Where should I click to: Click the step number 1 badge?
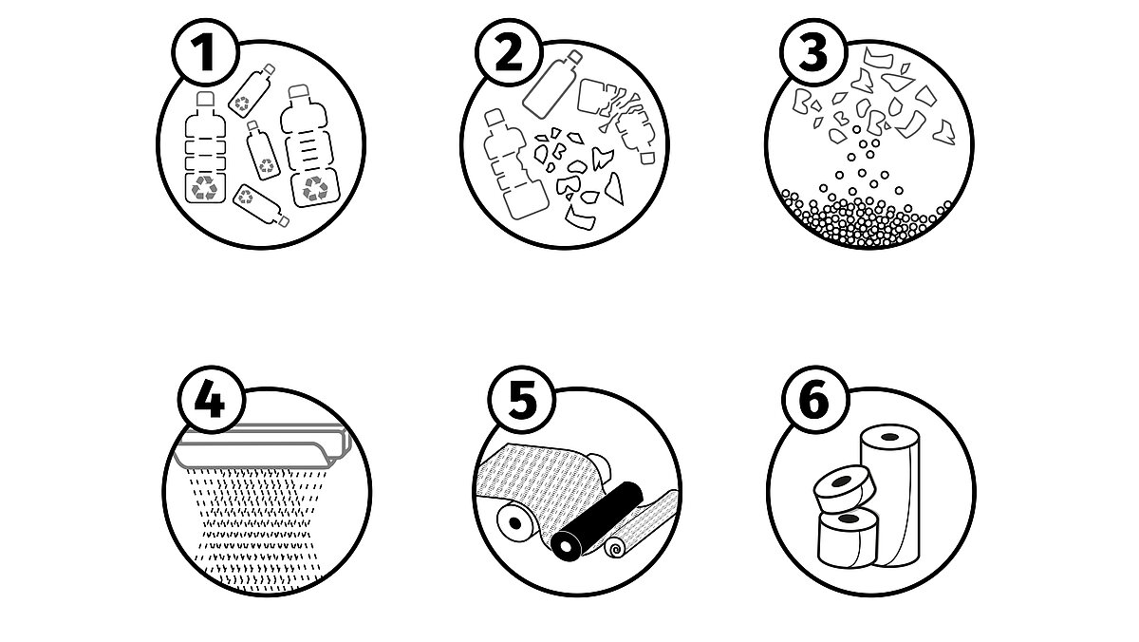(205, 52)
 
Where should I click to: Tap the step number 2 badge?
(509, 52)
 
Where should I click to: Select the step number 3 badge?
(813, 52)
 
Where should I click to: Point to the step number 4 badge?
(212, 400)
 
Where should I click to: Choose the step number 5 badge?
(522, 400)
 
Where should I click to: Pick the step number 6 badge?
(815, 400)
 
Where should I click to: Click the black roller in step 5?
(597, 519)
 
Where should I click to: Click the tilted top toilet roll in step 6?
(844, 488)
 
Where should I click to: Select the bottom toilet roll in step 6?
(847, 539)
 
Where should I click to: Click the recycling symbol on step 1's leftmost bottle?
(204, 188)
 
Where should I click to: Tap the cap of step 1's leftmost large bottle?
(205, 99)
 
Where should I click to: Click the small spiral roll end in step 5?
(615, 548)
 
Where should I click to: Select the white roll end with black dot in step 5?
(514, 523)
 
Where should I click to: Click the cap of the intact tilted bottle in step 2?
(574, 57)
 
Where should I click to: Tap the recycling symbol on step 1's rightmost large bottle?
(315, 188)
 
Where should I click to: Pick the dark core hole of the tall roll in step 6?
(889, 437)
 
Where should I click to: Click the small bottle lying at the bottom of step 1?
(261, 205)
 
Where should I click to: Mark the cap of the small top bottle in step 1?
(269, 69)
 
